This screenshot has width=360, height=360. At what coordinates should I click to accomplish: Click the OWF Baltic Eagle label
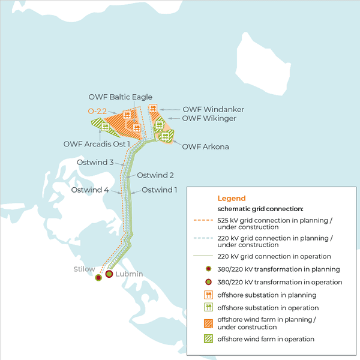(120, 97)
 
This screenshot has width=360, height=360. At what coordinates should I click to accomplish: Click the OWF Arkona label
(205, 146)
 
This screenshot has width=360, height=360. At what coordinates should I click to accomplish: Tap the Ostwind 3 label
(95, 163)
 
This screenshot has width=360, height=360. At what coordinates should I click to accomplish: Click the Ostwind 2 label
(155, 175)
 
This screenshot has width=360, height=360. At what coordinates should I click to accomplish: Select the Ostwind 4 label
(90, 190)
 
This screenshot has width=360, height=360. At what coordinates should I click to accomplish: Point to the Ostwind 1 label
(160, 190)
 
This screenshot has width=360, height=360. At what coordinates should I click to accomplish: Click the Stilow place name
(84, 269)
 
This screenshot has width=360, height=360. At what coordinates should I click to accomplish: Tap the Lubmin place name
(129, 274)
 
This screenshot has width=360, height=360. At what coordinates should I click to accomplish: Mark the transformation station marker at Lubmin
(109, 274)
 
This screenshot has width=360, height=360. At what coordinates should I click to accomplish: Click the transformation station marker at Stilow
(98, 278)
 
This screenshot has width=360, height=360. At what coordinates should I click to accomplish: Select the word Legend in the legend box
(231, 198)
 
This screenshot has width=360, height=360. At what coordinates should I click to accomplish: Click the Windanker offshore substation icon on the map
(152, 109)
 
